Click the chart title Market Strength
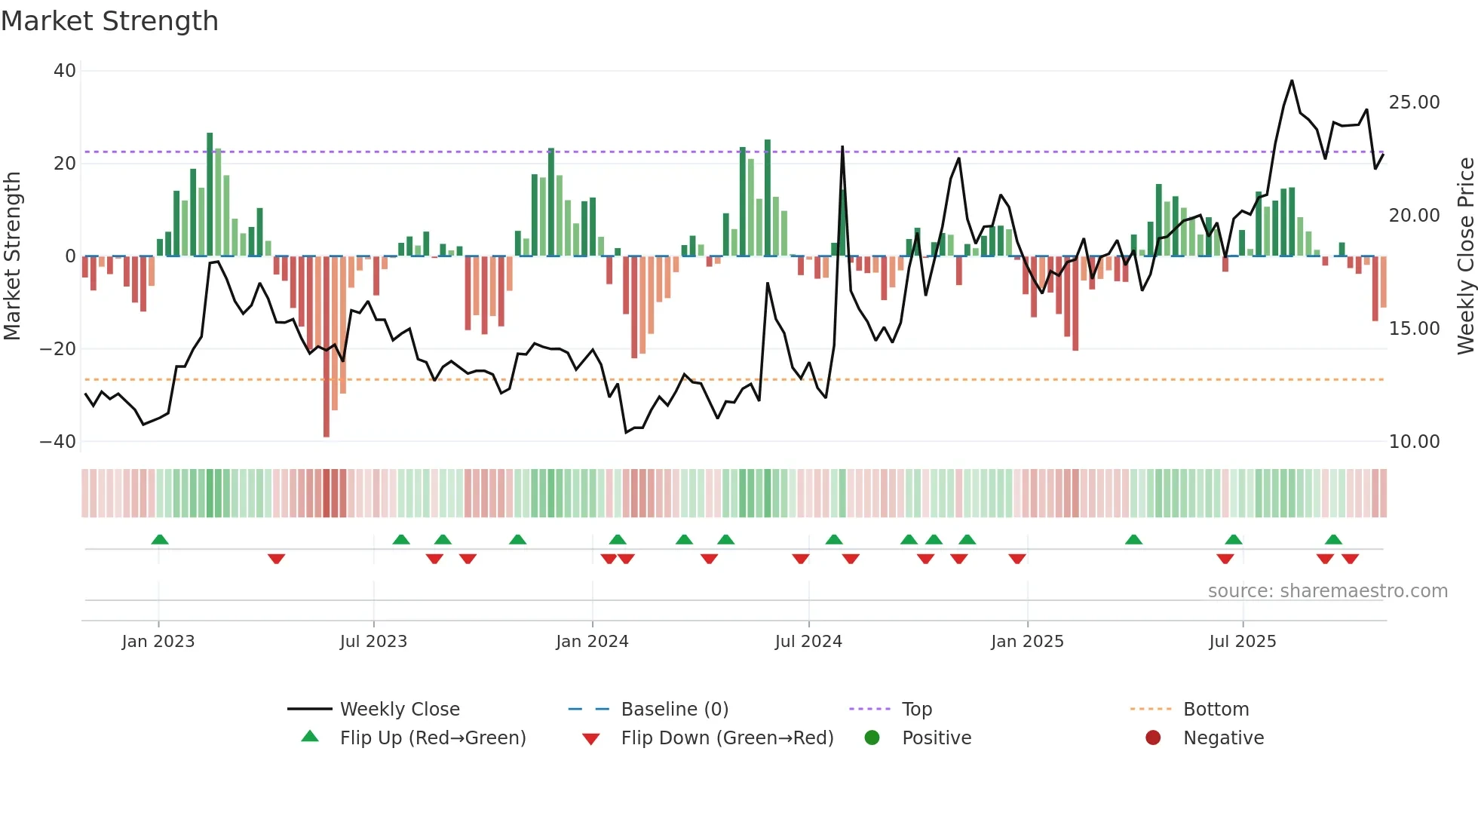click(109, 21)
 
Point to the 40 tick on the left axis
click(65, 71)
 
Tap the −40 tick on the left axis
click(58, 442)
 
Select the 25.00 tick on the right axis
click(1414, 103)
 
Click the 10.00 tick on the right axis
click(1414, 442)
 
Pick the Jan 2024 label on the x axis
click(592, 642)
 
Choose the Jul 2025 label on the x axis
click(1242, 642)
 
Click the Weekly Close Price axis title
click(1465, 256)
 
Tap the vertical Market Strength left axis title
click(12, 256)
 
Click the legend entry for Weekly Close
click(399, 710)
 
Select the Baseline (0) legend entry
click(674, 710)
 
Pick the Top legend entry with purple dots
click(916, 710)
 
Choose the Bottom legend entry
click(1216, 710)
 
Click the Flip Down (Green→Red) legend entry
click(726, 738)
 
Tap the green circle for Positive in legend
click(872, 738)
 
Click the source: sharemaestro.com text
click(1327, 591)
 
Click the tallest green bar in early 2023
click(210, 196)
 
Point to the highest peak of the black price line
click(1292, 81)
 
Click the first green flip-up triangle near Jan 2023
click(160, 540)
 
